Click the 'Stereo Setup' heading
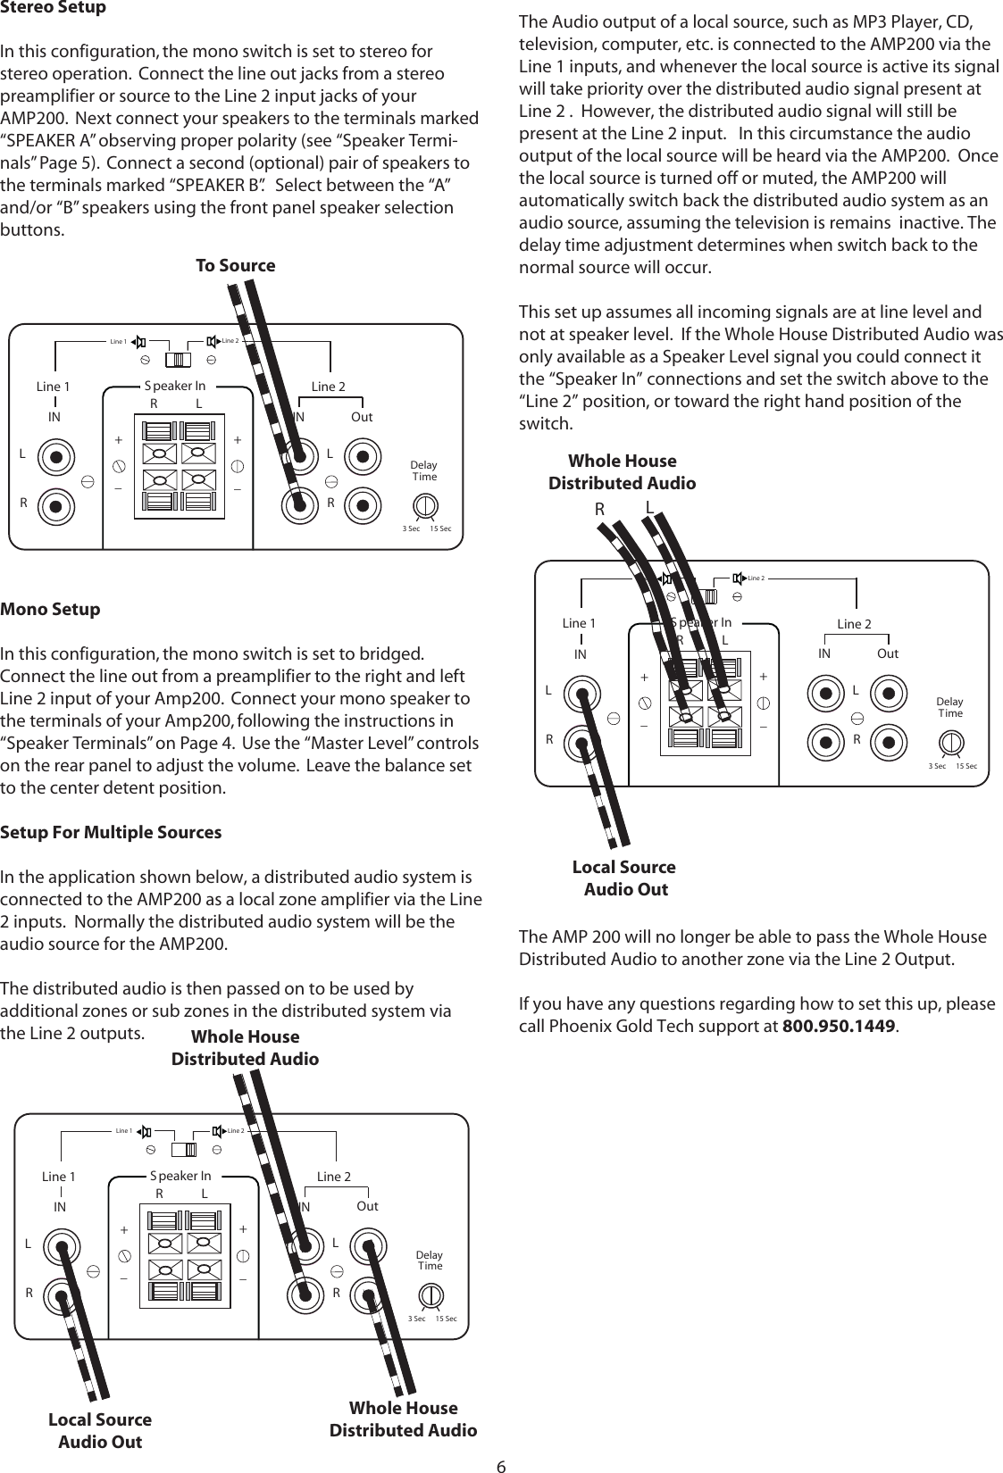tap(54, 8)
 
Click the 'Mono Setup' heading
tap(51, 610)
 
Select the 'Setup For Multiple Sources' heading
tap(111, 832)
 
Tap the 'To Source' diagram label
tap(235, 265)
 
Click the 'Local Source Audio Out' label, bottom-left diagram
tap(100, 1430)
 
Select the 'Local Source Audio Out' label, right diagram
tap(624, 878)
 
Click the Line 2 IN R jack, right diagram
tap(824, 741)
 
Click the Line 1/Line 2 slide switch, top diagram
tap(179, 359)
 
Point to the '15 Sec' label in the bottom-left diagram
tap(446, 1319)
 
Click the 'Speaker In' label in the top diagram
tap(175, 386)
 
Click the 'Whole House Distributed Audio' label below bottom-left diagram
tap(403, 1419)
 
